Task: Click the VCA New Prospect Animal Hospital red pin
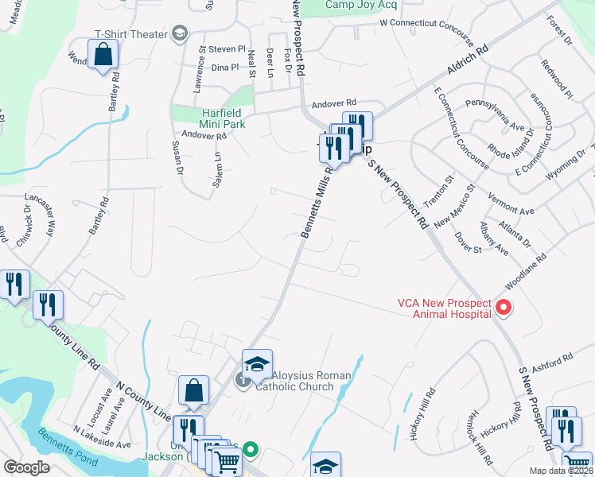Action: pyautogui.click(x=502, y=306)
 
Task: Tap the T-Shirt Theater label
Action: pyautogui.click(x=130, y=33)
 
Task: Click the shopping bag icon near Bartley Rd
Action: pyautogui.click(x=103, y=55)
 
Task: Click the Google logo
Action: pyautogui.click(x=27, y=467)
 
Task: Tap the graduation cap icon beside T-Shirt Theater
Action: pyautogui.click(x=180, y=33)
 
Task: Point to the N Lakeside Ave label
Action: pyautogui.click(x=101, y=436)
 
